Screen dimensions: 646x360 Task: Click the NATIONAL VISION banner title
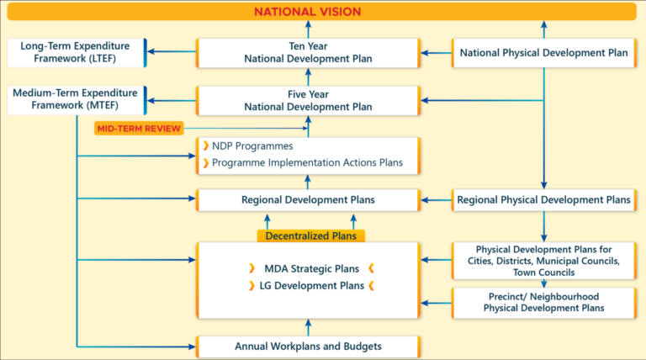coord(307,12)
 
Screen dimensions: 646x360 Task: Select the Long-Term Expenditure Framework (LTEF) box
coord(77,52)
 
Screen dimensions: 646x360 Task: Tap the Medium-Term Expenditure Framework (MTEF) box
coord(77,100)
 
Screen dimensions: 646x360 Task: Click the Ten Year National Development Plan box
coord(308,53)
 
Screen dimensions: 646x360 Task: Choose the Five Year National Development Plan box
coord(308,100)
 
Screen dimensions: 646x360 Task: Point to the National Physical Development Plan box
coord(544,53)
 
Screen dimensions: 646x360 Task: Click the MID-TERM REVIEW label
coord(139,129)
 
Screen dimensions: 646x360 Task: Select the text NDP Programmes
coord(252,146)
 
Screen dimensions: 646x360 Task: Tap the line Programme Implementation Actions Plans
coord(307,162)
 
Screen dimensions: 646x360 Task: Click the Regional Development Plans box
coord(308,200)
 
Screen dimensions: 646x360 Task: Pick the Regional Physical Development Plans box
coord(544,200)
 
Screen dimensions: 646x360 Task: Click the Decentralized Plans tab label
coord(310,236)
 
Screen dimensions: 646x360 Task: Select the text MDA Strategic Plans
coord(311,269)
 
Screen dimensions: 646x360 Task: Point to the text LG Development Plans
coord(311,286)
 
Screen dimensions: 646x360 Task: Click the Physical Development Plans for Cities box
coord(544,261)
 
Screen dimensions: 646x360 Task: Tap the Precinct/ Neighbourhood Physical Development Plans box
coord(544,303)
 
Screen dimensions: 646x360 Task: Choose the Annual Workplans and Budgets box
coord(308,347)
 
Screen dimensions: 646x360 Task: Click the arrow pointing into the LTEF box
coord(172,51)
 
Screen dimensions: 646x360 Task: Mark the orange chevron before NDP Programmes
coord(205,146)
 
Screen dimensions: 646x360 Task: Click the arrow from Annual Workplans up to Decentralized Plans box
coord(308,327)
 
